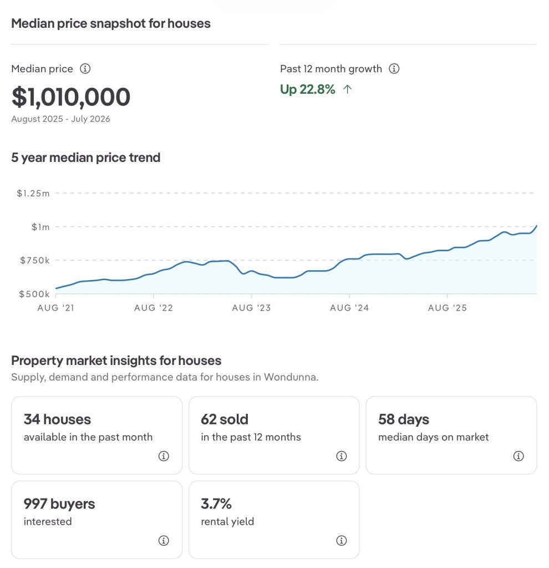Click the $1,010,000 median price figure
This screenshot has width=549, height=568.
coord(71,97)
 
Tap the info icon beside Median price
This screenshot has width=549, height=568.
coord(85,68)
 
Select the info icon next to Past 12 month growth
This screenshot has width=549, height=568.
coord(394,68)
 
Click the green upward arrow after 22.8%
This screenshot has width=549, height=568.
coord(347,89)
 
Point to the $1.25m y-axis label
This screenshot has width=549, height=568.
coord(33,194)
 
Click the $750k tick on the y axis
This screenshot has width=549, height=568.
coord(35,261)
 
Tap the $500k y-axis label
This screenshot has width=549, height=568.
coord(34,294)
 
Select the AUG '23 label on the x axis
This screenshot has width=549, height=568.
coord(251,308)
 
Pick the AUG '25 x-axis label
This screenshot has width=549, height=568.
coord(447,308)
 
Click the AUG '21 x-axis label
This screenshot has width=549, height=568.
coord(56,308)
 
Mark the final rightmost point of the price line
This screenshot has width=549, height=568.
coord(537,226)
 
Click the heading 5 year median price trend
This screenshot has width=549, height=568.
coord(86,158)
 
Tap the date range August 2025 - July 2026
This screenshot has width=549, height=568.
coord(60,119)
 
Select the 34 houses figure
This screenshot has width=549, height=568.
coord(57,419)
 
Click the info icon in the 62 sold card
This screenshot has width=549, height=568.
coord(342,456)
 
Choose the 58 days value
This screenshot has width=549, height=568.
coord(404,419)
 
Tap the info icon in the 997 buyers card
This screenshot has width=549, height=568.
coord(164,540)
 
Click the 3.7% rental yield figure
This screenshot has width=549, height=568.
coord(216,504)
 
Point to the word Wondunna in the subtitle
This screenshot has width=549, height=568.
coord(291,377)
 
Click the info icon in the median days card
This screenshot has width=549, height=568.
coord(518,456)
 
